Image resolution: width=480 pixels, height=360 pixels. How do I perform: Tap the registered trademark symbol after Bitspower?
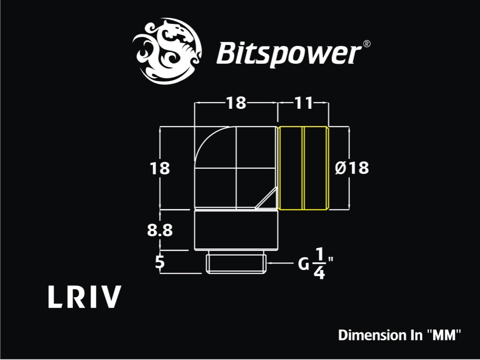click(x=367, y=44)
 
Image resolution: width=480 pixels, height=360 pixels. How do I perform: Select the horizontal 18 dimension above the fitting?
click(x=236, y=103)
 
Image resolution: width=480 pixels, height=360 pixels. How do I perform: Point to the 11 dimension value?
click(x=303, y=103)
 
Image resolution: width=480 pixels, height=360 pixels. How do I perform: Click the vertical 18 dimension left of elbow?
click(x=159, y=168)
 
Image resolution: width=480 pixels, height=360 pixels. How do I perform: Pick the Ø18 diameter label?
click(x=352, y=168)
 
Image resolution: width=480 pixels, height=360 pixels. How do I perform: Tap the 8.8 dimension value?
click(x=160, y=230)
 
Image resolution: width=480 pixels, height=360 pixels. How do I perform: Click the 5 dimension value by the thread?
click(x=160, y=262)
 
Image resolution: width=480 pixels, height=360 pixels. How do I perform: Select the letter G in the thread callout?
click(x=304, y=264)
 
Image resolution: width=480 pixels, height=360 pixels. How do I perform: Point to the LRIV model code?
click(x=84, y=297)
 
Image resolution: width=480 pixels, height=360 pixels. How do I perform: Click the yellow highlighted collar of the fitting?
click(x=303, y=168)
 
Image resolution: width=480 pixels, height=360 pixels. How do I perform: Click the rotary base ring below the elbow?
click(x=236, y=230)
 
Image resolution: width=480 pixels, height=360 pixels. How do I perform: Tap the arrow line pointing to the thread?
click(x=280, y=263)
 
